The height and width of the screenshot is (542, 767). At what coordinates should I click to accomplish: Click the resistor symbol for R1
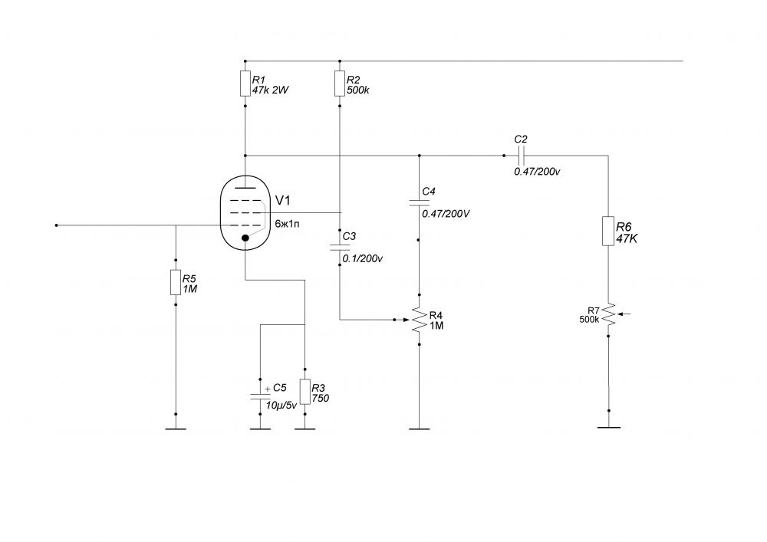[x=245, y=84]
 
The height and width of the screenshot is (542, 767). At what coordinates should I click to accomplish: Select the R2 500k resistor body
[x=340, y=84]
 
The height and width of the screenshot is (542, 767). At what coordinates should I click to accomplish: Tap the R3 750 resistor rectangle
[x=305, y=392]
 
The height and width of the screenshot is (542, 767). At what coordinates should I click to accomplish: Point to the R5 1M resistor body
[x=176, y=282]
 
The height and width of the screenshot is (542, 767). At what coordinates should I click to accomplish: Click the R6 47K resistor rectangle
[x=608, y=231]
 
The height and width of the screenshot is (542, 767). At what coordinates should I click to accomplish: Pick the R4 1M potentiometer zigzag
[x=419, y=320]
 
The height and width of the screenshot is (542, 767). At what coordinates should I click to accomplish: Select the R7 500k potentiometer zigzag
[x=608, y=314]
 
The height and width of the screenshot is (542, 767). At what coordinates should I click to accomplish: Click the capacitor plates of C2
[x=521, y=156]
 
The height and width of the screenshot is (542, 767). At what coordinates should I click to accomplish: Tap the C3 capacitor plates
[x=340, y=248]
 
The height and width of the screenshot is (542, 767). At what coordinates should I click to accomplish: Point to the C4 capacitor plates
[x=419, y=202]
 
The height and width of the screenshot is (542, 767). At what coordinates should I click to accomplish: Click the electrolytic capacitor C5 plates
[x=260, y=396]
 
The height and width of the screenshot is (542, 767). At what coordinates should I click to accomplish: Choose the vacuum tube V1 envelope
[x=245, y=212]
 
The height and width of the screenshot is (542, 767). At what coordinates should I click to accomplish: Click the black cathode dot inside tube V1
[x=245, y=238]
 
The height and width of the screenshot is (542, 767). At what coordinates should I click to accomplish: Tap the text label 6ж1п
[x=288, y=225]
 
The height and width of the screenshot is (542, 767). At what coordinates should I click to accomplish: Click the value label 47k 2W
[x=271, y=90]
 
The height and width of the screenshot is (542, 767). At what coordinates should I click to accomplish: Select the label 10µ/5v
[x=281, y=406]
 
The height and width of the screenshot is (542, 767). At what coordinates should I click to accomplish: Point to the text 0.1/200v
[x=363, y=259]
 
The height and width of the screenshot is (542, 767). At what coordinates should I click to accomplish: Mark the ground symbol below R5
[x=176, y=429]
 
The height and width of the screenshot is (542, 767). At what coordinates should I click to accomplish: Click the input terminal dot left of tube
[x=56, y=225]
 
